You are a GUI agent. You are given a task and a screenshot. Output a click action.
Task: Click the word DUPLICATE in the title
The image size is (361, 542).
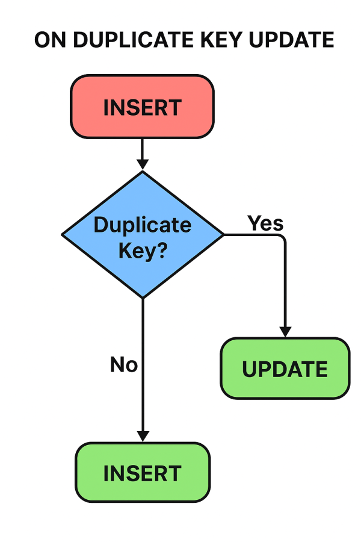coord(133,39)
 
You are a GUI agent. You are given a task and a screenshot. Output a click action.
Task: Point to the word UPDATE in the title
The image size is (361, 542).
coord(291,39)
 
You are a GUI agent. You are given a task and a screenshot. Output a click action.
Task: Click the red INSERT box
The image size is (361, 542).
coord(143,107)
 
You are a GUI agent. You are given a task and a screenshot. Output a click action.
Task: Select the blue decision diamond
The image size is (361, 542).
coord(143,235)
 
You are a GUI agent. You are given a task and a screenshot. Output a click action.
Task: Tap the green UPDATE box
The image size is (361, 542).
coord(285,369)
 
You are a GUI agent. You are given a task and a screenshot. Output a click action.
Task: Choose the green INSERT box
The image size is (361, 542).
coord(143,473)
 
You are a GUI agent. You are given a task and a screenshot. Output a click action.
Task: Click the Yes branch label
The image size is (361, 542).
coord(265,223)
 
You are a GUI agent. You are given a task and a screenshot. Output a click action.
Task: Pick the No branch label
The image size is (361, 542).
coord(124,364)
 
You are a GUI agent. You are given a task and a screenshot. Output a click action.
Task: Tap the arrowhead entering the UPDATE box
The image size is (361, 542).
coord(285,332)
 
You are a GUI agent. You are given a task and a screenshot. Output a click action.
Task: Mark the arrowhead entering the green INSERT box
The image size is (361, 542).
coord(143,437)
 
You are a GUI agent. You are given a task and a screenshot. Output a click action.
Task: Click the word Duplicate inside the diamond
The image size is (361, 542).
coord(143,225)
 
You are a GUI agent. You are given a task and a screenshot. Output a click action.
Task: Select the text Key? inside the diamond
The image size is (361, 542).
coord(143,251)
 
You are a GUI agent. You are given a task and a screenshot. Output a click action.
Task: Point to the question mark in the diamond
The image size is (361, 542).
coord(161,249)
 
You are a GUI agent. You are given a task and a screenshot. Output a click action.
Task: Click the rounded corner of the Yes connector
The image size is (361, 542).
coord(283,237)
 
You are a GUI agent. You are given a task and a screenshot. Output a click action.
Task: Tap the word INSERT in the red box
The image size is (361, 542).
coord(143,108)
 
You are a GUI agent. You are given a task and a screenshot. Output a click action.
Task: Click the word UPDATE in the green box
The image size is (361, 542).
coord(285,369)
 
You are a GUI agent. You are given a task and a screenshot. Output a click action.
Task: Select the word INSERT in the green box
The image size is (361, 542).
coord(143,473)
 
